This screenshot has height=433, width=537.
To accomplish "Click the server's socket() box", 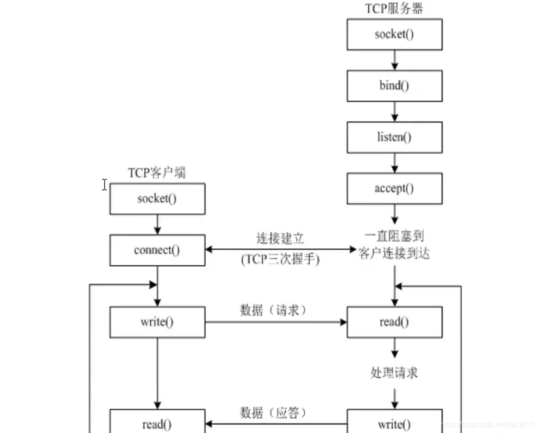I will pyautogui.click(x=394, y=35).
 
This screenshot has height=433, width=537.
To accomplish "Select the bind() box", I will pyautogui.click(x=394, y=86).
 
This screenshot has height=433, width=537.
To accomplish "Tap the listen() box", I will pyautogui.click(x=394, y=138).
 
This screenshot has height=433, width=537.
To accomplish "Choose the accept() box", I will pyautogui.click(x=394, y=189).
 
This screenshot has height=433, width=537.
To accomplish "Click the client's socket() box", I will pyautogui.click(x=157, y=199).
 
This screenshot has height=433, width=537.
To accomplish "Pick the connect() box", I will pyautogui.click(x=157, y=250).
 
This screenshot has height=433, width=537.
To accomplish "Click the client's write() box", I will pyautogui.click(x=157, y=322).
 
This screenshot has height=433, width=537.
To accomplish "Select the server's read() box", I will pyautogui.click(x=394, y=322).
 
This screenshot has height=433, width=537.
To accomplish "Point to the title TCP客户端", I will pyautogui.click(x=157, y=173).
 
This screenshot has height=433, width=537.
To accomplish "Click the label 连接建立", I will pyautogui.click(x=280, y=239).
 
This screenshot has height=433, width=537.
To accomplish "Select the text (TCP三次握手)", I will pyautogui.click(x=280, y=259).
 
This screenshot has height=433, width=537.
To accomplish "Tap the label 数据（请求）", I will pyautogui.click(x=273, y=310).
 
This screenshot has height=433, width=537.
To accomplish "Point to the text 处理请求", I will pyautogui.click(x=394, y=373).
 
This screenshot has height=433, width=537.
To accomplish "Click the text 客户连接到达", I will pyautogui.click(x=394, y=254).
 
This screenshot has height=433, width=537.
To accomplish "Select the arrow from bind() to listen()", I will pyautogui.click(x=394, y=111).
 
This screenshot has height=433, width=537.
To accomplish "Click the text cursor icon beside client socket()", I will pyautogui.click(x=105, y=185).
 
